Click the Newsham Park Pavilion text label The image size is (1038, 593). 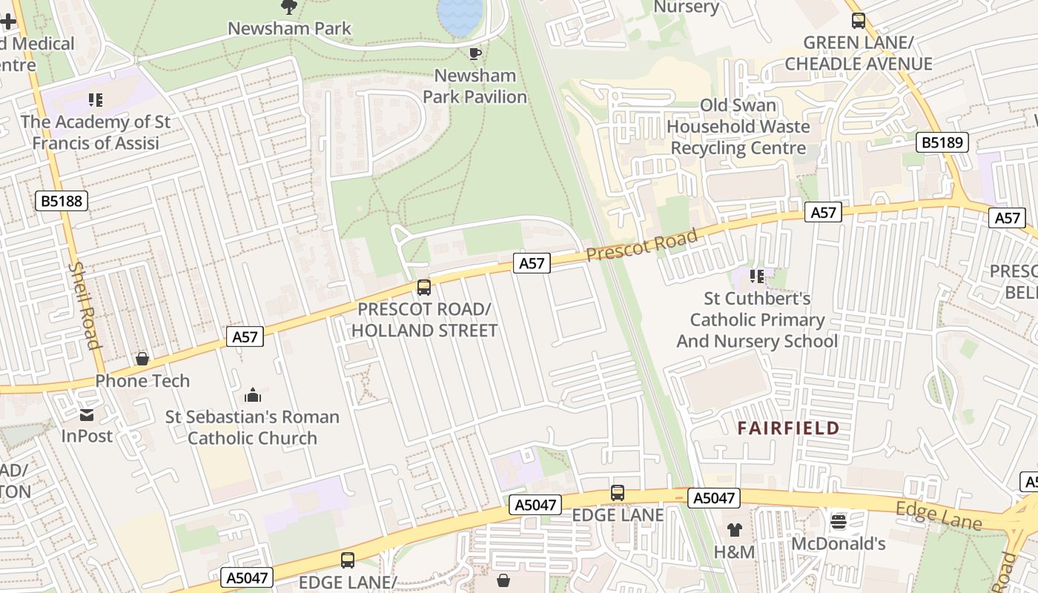click(475, 86)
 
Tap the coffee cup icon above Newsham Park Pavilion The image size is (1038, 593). click(475, 53)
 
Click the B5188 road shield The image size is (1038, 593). click(62, 200)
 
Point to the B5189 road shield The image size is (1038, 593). click(942, 142)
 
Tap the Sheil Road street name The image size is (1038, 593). click(84, 305)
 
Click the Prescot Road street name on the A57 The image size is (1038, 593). click(641, 245)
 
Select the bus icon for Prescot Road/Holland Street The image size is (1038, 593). click(423, 288)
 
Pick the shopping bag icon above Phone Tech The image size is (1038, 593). click(142, 360)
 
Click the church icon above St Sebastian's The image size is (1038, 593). click(252, 395)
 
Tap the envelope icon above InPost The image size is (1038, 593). click(87, 414)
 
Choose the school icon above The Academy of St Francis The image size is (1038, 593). click(95, 99)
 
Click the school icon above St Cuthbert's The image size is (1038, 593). click(756, 276)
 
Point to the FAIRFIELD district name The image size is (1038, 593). click(788, 428)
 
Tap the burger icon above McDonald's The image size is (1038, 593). click(839, 522)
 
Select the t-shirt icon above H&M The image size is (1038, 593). click(734, 530)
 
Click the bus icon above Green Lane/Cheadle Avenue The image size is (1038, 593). click(858, 21)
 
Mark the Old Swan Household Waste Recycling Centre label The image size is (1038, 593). click(738, 127)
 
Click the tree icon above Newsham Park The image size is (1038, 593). click(289, 7)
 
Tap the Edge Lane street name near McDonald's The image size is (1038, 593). click(939, 516)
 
